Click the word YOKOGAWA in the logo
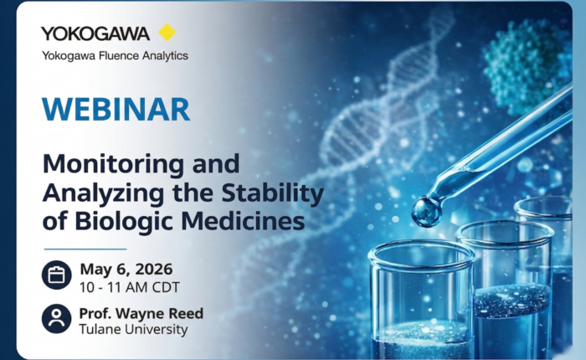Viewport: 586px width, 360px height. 95,33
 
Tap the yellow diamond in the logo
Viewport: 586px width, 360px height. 167,33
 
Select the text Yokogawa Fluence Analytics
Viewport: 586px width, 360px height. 115,55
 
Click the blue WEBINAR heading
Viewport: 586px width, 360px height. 116,109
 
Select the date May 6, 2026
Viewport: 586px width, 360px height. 126,269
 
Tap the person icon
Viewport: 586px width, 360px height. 56,320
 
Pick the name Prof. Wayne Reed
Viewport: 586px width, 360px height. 141,314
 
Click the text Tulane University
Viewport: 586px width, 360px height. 133,330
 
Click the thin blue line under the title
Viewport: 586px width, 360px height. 85,249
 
